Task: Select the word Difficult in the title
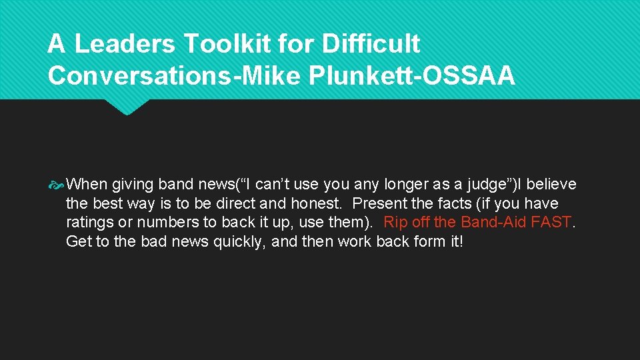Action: pos(371,44)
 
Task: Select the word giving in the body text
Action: pos(133,184)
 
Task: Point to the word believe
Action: pos(551,184)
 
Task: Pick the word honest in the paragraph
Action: pos(317,203)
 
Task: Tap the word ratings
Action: pos(90,222)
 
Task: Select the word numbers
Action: pos(160,222)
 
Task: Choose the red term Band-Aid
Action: pos(493,222)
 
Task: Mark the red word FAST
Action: pos(552,222)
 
